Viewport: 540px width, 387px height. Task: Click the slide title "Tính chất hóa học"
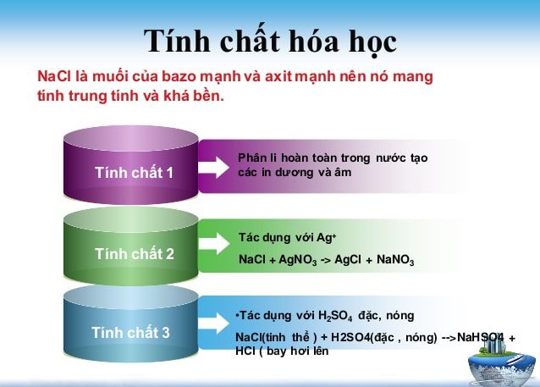pos(269,41)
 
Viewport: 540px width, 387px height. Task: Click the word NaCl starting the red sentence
pos(53,77)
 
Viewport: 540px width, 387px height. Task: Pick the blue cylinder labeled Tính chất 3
pos(130,333)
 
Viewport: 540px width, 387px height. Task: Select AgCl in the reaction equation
pos(349,259)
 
